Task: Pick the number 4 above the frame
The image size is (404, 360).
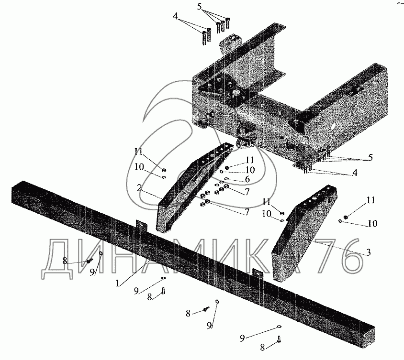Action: (x=177, y=16)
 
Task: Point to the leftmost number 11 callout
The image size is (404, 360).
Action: (x=139, y=153)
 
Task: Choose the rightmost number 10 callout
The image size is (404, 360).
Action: (x=372, y=223)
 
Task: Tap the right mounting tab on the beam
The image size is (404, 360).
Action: (x=257, y=274)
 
